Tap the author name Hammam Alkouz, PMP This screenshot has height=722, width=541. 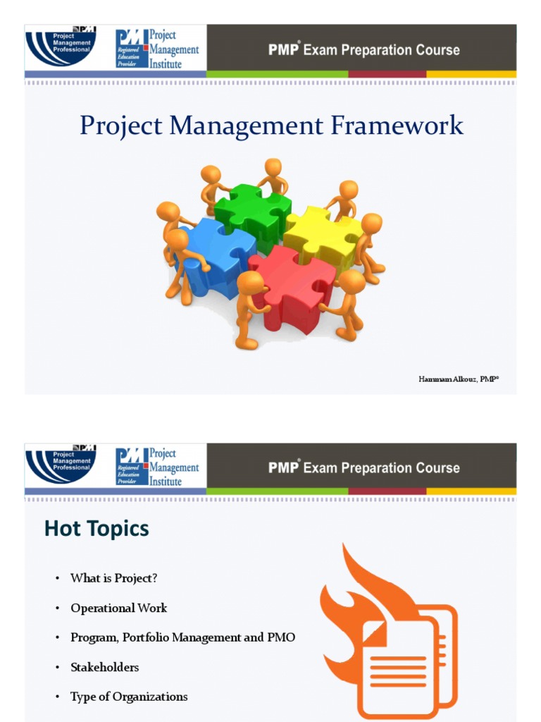click(459, 379)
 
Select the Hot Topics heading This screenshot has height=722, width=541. click(97, 529)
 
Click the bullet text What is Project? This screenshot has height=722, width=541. click(113, 578)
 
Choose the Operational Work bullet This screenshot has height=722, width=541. click(118, 608)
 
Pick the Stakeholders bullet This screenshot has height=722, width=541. click(104, 667)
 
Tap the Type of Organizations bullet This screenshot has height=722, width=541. click(129, 697)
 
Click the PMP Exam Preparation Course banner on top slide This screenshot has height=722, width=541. click(363, 50)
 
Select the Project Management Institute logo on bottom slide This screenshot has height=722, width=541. click(158, 467)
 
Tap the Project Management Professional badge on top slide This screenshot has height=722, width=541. click(61, 47)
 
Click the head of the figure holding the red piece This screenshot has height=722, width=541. click(251, 283)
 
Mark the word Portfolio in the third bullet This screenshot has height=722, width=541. click(149, 637)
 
